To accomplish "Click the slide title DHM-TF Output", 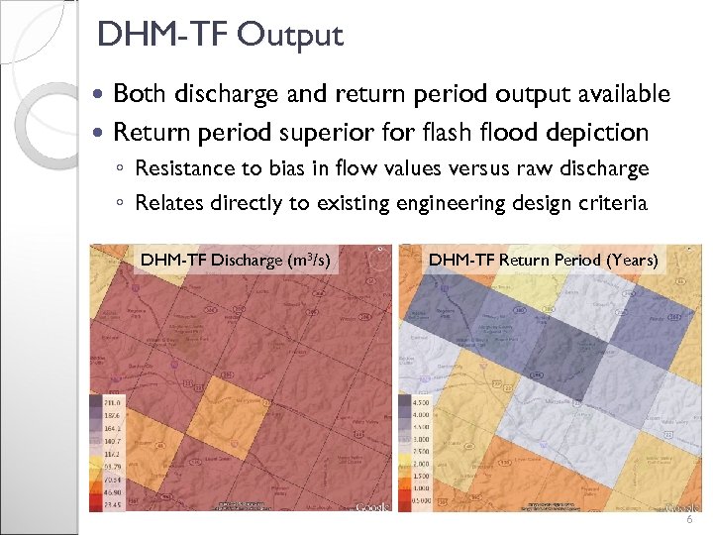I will (220, 36).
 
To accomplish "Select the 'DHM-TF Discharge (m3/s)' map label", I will (235, 261).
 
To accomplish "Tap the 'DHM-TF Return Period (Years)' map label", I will (543, 261).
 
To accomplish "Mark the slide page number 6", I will (689, 520).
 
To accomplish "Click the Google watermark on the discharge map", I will (371, 506).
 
